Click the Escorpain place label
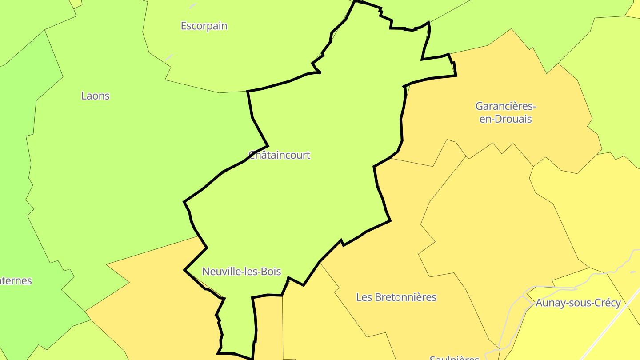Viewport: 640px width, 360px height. [204, 26]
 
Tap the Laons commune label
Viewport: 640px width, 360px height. [95, 96]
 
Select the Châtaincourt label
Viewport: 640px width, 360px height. [279, 155]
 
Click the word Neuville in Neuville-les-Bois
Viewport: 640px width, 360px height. [221, 271]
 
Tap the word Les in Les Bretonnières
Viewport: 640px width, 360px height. [364, 297]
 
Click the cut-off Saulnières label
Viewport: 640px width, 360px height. [454, 357]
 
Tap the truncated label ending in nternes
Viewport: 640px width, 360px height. [16, 281]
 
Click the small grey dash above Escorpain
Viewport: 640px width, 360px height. [193, 5]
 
